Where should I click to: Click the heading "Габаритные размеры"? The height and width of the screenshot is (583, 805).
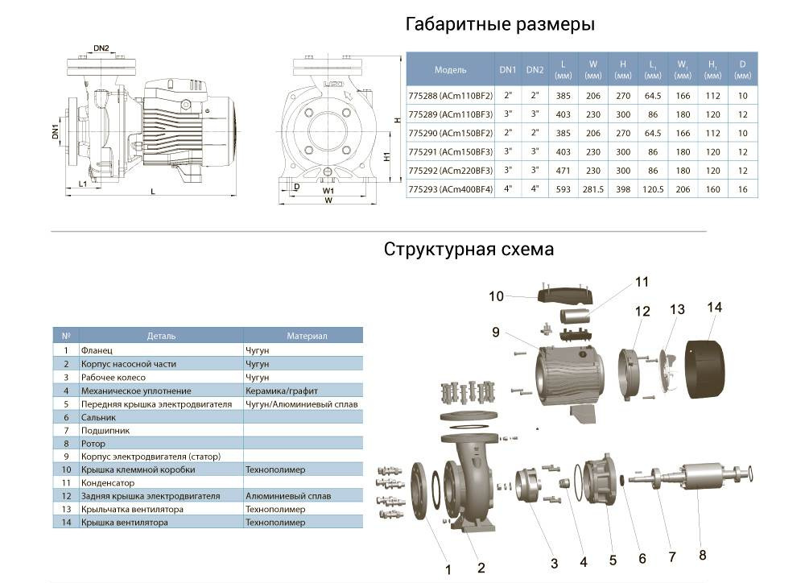500,24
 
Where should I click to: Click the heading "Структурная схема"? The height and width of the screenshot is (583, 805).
469,249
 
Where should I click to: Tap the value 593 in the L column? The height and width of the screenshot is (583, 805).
563,189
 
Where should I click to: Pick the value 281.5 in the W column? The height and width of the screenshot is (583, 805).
593,189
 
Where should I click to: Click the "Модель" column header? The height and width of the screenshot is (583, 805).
451,70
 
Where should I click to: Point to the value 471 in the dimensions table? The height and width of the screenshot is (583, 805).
563,171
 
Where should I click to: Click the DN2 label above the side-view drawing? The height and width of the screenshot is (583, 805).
101,48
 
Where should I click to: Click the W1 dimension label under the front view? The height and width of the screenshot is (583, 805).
328,192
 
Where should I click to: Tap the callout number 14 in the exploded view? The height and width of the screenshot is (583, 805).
715,307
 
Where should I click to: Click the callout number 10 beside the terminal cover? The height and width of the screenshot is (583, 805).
496,296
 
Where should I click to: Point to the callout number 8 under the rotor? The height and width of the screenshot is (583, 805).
703,554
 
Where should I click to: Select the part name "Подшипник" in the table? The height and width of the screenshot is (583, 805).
102,430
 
